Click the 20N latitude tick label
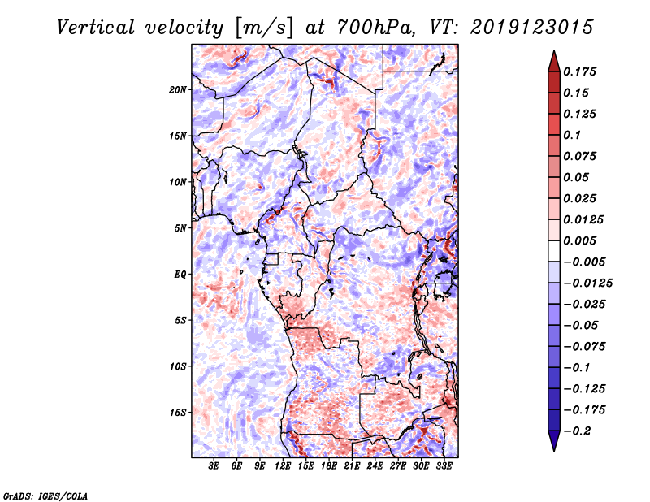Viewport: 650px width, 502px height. pyautogui.click(x=178, y=89)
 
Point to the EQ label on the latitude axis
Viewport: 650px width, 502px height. pyautogui.click(x=180, y=275)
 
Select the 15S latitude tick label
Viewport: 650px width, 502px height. pyautogui.click(x=178, y=413)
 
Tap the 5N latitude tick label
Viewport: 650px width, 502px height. pyautogui.click(x=180, y=228)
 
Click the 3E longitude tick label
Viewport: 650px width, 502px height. pyautogui.click(x=214, y=466)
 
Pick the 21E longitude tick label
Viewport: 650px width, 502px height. pyautogui.click(x=353, y=466)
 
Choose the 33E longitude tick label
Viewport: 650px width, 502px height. pyautogui.click(x=444, y=466)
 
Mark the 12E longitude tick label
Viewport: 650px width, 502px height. pyautogui.click(x=284, y=466)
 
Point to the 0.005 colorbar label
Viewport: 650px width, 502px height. pyautogui.click(x=582, y=240)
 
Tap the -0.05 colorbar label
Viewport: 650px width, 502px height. pyautogui.click(x=583, y=325)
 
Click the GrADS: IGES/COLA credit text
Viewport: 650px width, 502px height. pyautogui.click(x=45, y=495)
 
